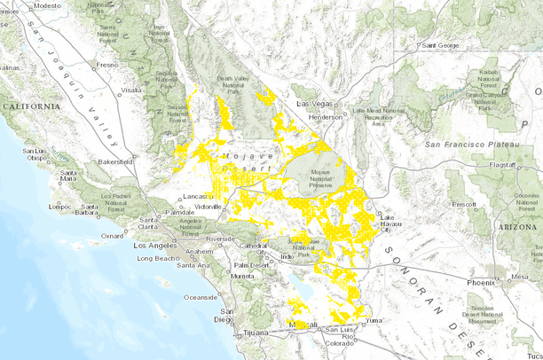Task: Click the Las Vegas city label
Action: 312,105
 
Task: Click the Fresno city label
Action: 107,65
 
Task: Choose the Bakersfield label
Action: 121,163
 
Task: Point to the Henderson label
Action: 326,117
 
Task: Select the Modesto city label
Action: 49,5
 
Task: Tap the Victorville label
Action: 208,206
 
